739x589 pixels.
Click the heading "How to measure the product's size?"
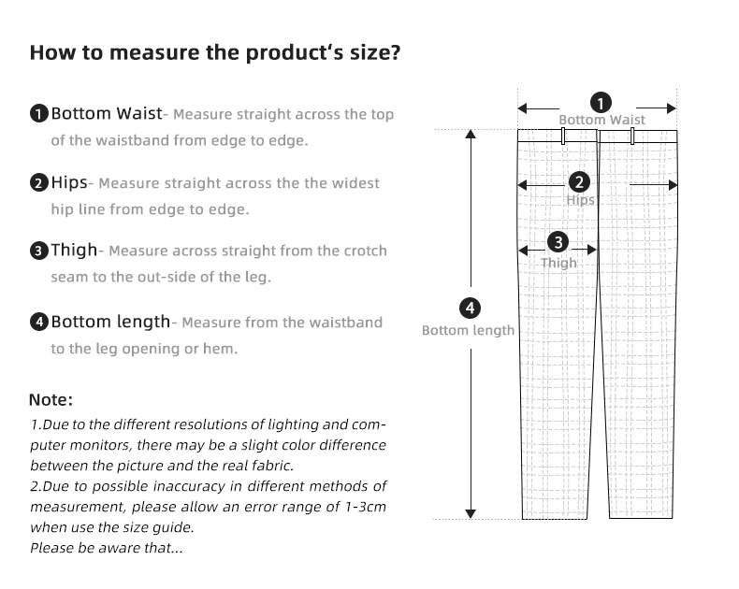216,51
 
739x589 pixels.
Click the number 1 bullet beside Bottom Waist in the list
38,115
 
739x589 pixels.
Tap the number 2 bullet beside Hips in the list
38,183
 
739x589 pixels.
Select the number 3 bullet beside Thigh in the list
38,251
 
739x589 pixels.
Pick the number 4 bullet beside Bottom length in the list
38,323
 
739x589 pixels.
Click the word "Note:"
51,400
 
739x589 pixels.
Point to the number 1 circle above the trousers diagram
601,102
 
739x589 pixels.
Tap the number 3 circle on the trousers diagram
558,242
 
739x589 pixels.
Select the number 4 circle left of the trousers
470,308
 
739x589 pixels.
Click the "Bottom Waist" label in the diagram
601,120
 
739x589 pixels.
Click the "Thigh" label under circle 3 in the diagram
558,263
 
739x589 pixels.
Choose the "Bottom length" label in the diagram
468,330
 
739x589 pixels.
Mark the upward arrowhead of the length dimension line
471,134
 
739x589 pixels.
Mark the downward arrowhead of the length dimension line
471,513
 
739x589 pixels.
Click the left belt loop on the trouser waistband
563,136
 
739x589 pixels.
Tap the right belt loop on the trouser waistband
632,136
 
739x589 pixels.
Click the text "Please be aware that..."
106,547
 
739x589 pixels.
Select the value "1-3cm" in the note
362,506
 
